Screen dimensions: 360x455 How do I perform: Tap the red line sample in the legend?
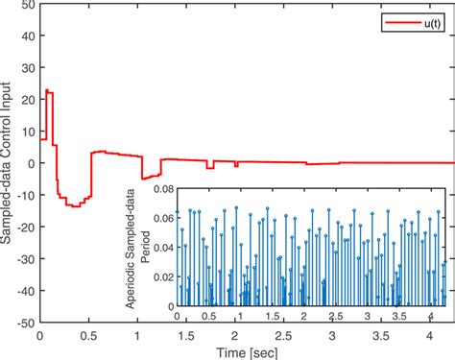tap(400, 18)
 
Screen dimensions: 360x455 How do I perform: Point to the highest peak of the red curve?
tap(47, 90)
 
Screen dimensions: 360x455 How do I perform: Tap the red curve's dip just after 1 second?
tap(142, 179)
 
